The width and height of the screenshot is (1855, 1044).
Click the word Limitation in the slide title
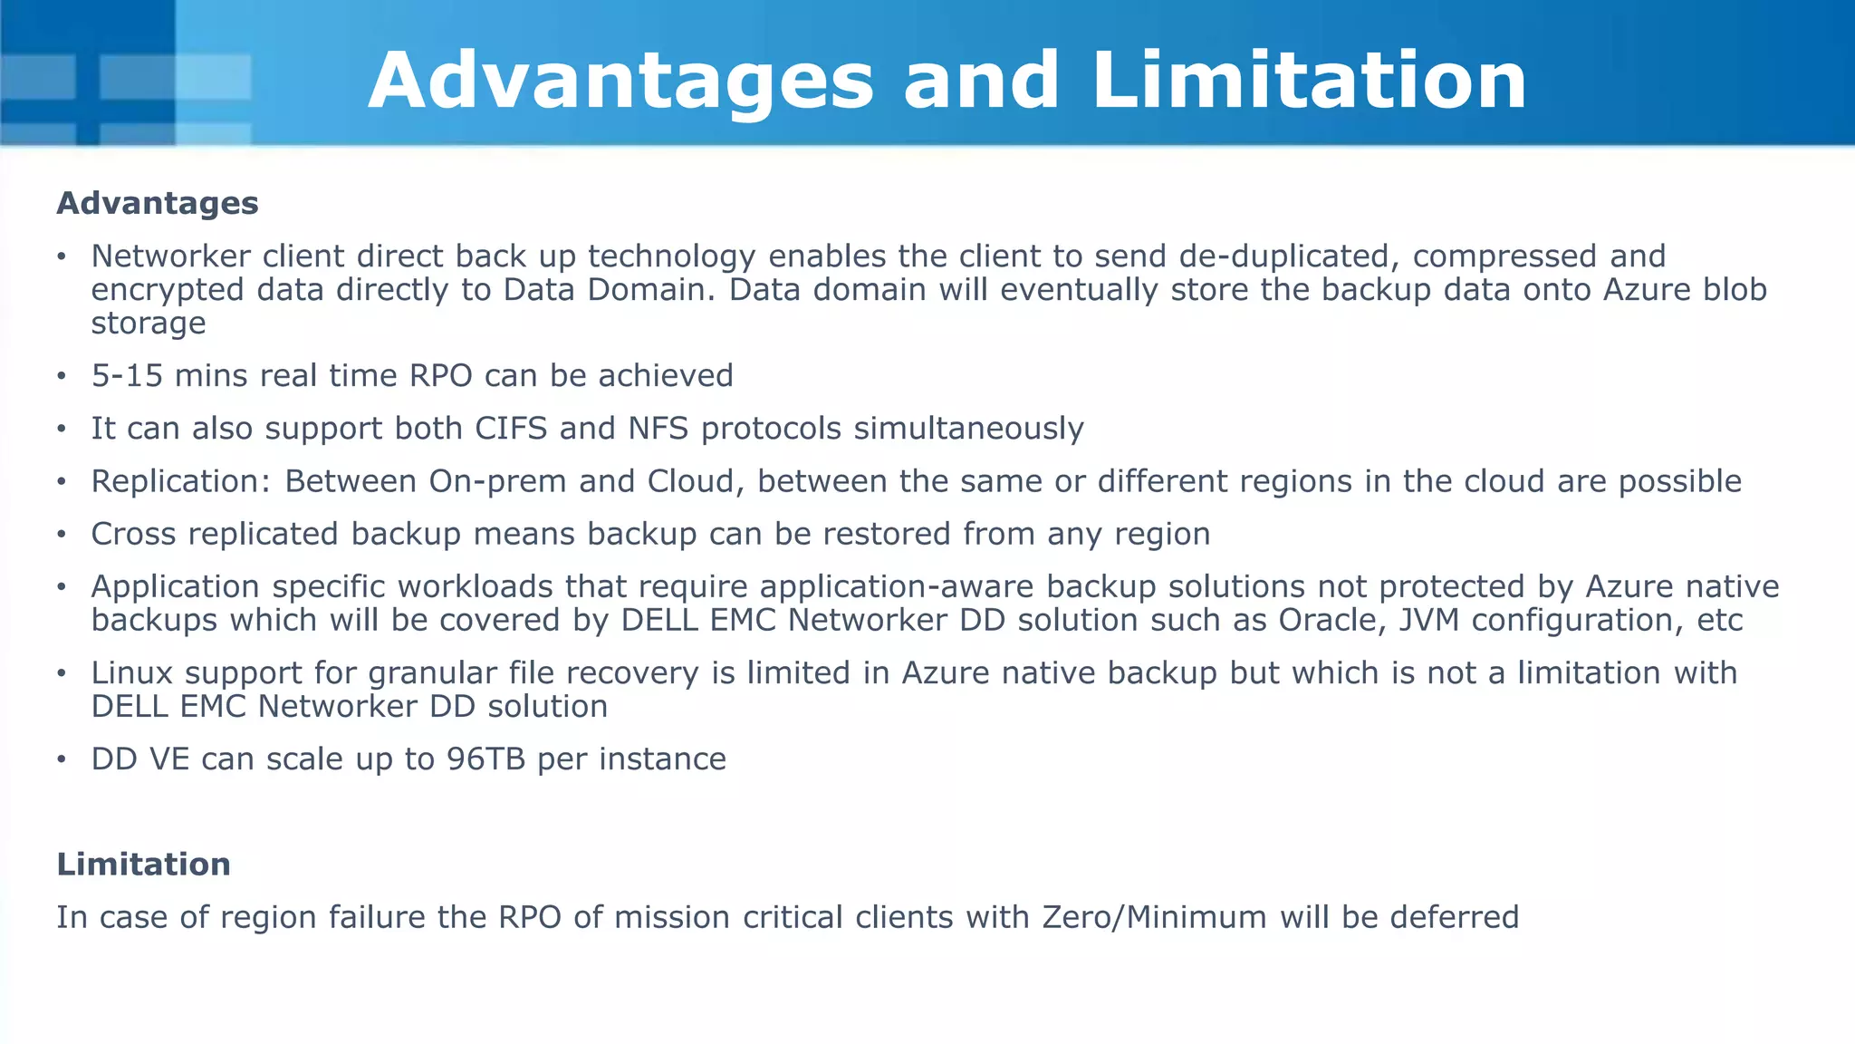click(x=1309, y=82)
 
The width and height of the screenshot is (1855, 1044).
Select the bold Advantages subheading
click(x=158, y=203)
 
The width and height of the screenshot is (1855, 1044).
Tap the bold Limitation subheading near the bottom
click(x=143, y=865)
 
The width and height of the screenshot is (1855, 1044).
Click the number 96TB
click(x=486, y=759)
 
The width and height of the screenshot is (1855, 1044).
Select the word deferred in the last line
click(x=1454, y=918)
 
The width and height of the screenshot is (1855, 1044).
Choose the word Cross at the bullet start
click(x=133, y=535)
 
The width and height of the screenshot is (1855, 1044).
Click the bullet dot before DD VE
click(x=62, y=759)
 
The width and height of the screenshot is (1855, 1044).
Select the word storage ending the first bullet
click(x=149, y=324)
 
